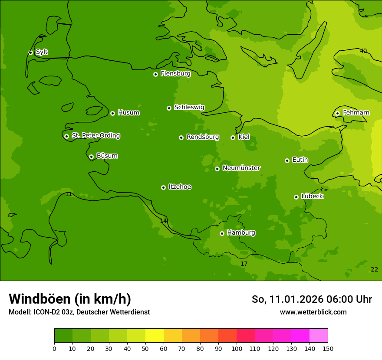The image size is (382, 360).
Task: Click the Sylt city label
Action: [42, 52]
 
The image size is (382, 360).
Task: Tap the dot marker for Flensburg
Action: [155, 74]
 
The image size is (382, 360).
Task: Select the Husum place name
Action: [128, 113]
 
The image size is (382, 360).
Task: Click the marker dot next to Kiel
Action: [233, 137]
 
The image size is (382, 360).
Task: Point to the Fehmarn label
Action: [356, 113]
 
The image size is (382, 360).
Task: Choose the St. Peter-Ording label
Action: [95, 136]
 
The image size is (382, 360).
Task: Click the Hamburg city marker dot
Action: [222, 233]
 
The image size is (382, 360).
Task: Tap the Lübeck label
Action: [312, 196]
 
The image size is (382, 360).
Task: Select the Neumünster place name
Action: [241, 168]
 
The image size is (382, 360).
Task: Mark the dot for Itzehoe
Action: [163, 187]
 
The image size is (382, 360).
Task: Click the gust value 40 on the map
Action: [363, 51]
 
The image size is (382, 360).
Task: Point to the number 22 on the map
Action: [374, 269]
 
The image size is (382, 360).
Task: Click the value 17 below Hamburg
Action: [244, 264]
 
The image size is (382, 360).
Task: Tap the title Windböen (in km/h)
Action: [70, 299]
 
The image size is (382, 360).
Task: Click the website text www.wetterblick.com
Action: [313, 312]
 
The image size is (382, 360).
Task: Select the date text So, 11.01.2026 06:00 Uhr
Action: [312, 299]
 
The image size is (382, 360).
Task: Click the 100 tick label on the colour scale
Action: [237, 348]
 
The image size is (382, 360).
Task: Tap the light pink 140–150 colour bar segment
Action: [319, 336]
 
